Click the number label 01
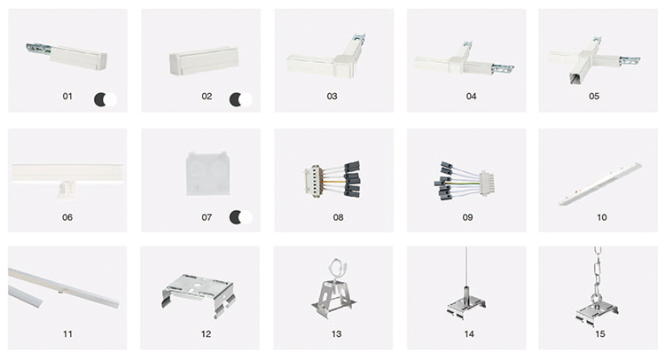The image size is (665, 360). coord(67,97)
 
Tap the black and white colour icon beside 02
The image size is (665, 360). coord(240,99)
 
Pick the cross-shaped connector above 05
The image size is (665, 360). coord(595,59)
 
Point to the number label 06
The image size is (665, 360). coord(67,217)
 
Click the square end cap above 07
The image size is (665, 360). coord(207,174)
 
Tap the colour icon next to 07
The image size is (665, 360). coord(240,217)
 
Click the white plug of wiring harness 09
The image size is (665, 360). coord(488,184)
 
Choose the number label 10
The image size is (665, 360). coord(602,217)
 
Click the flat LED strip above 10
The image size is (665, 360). coord(600,184)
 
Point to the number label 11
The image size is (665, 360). coord(67,334)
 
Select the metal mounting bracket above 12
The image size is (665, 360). coord(198,293)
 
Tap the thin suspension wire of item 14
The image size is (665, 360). coord(466,267)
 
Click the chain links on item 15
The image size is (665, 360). coord(597,271)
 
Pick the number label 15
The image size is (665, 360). coord(600,334)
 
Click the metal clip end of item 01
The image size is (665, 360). coord(38,49)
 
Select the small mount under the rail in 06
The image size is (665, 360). coord(67,189)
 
